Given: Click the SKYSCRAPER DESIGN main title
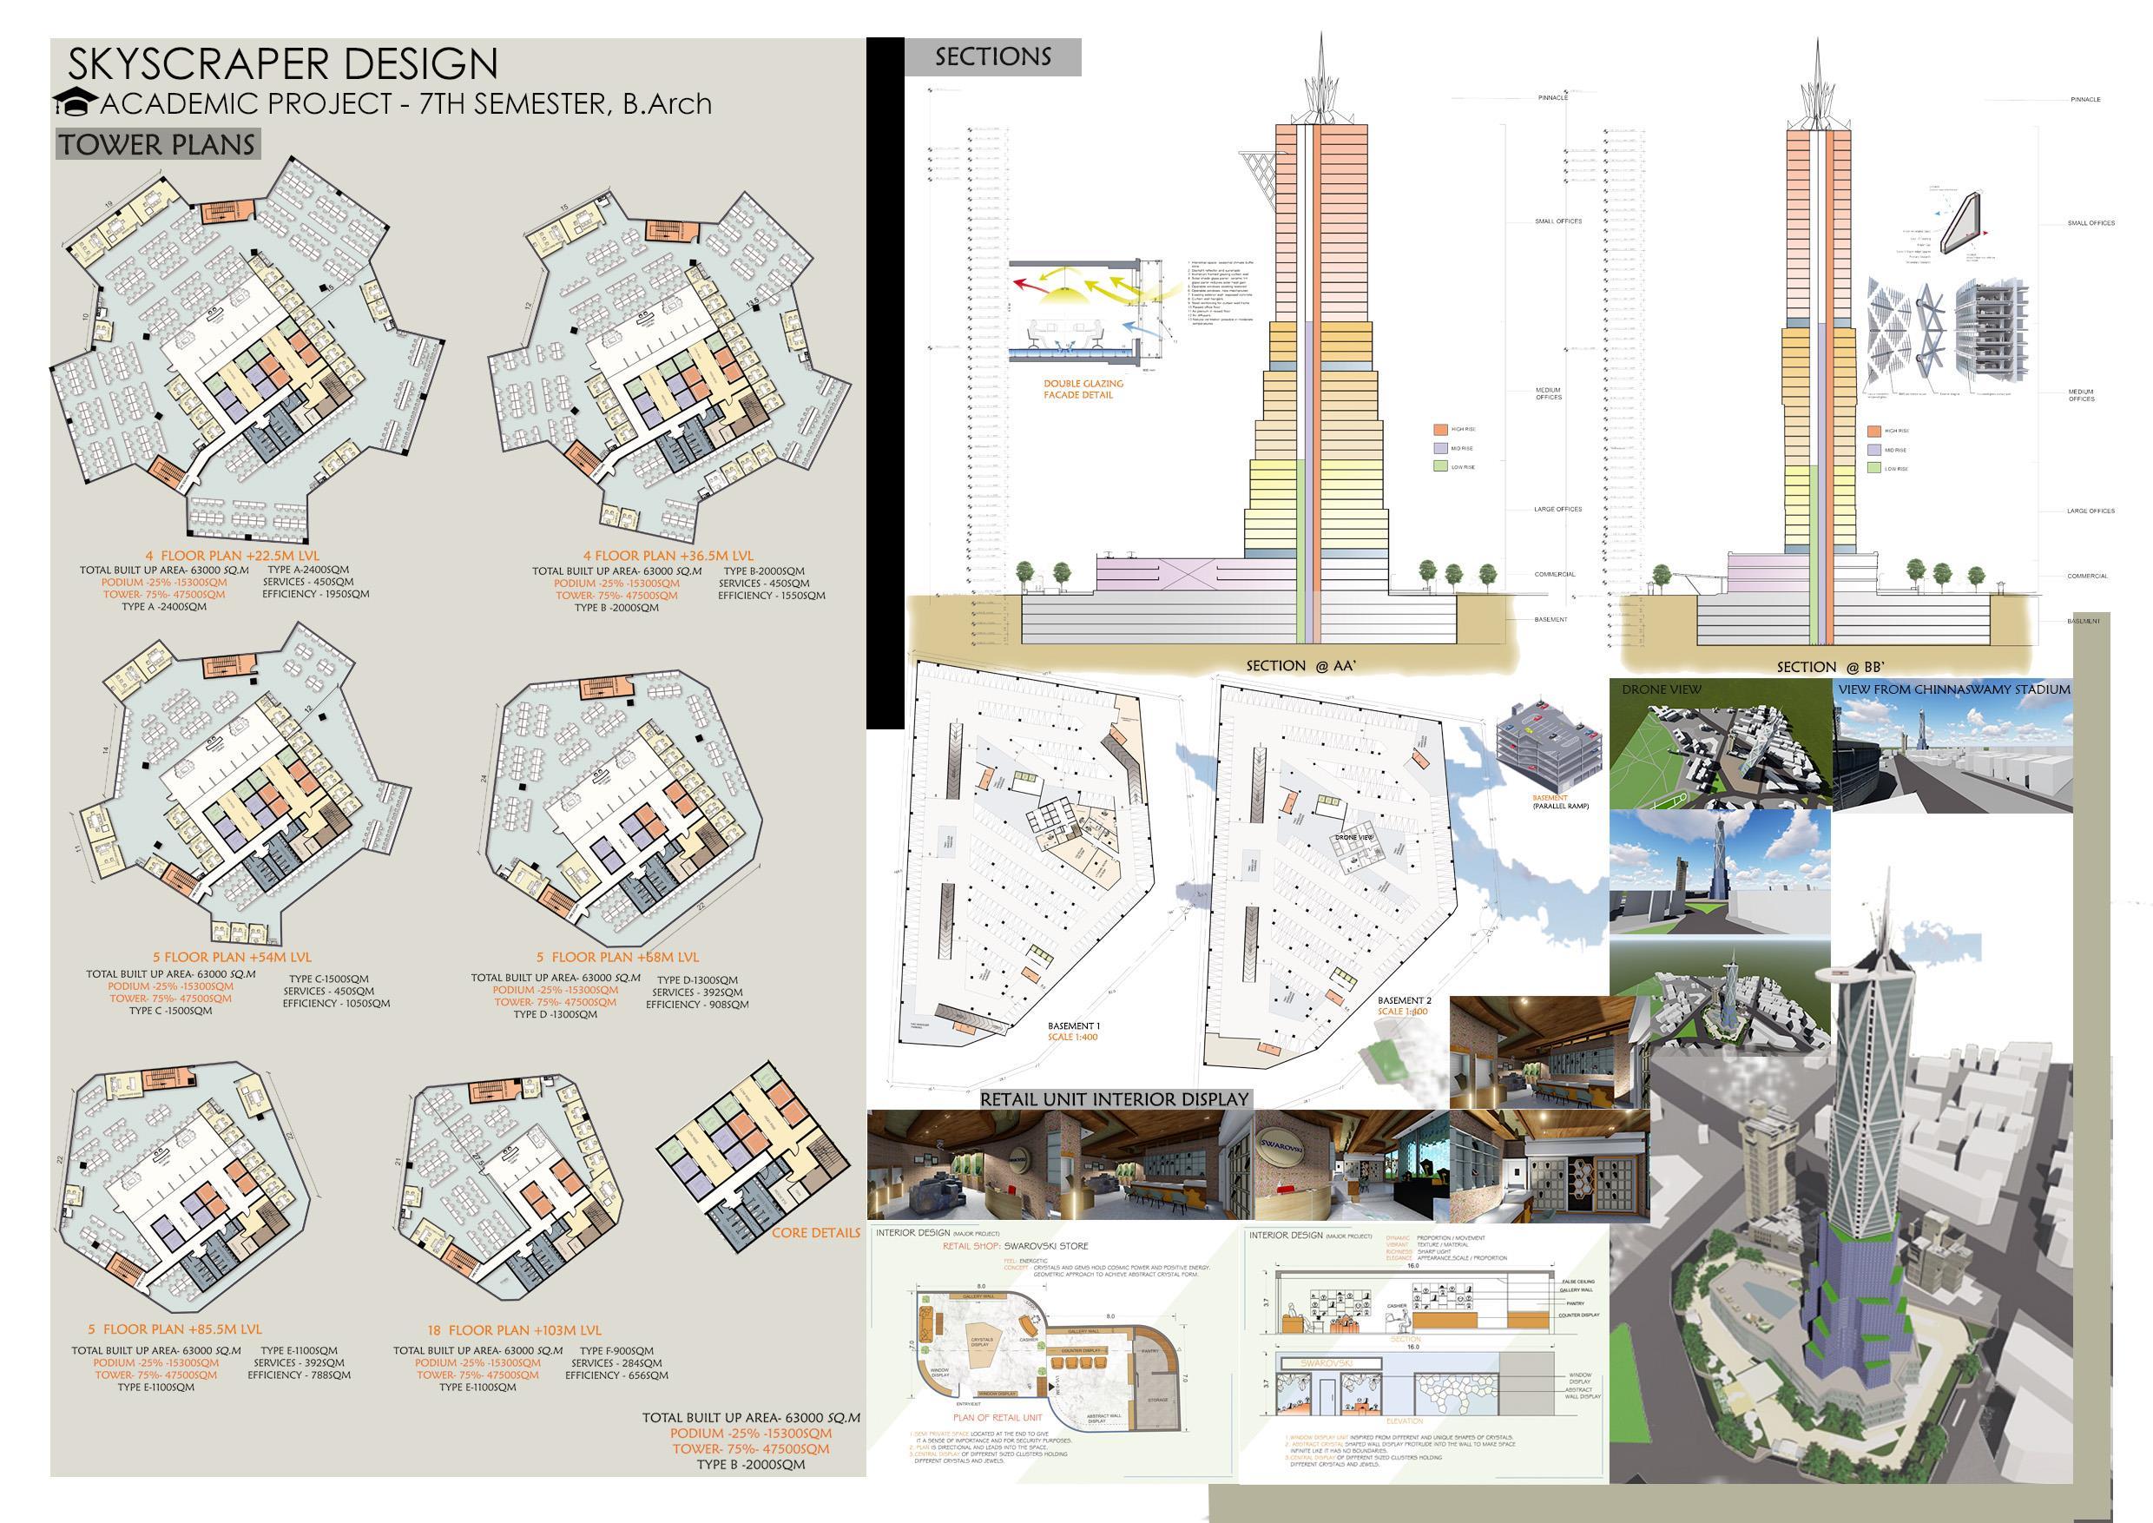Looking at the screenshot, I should [282, 63].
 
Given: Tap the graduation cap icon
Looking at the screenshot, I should [74, 102].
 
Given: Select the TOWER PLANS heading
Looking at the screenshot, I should [157, 144].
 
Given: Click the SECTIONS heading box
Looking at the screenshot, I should [992, 57].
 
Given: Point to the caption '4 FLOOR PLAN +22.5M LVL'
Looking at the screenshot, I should [233, 555].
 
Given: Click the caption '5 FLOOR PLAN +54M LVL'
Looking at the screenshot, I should [232, 958].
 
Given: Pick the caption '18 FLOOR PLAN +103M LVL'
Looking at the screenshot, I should [514, 1330].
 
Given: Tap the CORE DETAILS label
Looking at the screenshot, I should [815, 1232].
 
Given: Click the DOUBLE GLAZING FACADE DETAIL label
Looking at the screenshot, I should [1083, 389].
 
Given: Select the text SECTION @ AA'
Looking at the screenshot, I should [1300, 666].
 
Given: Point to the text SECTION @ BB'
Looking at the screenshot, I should [1830, 667].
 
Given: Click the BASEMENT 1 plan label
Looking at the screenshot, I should [1074, 1026].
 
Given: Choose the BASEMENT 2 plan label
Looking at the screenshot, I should [1404, 1001].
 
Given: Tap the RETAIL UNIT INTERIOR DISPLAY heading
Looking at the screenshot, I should [1114, 1099].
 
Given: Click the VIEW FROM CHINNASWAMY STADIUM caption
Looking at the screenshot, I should [1953, 689].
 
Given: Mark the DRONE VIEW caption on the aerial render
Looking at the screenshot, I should [1661, 690].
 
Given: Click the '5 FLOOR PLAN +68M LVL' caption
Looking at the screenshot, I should [617, 958].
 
